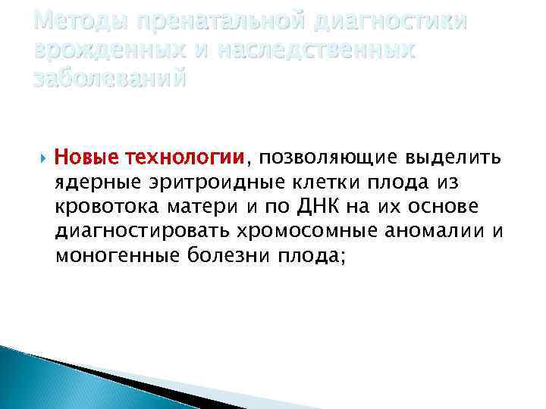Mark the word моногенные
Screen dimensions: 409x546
point(114,255)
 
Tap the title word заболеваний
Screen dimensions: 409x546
point(109,77)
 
